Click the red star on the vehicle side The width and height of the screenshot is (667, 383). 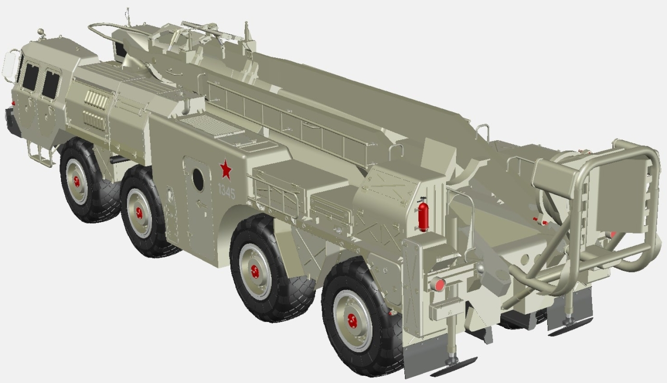point(226,170)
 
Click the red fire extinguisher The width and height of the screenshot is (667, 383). point(423,215)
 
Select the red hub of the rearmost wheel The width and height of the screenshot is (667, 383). point(352,320)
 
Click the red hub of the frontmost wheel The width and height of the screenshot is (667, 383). point(77,181)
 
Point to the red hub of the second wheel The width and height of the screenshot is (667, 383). point(139,213)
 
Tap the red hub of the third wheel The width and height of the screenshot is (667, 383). point(255,271)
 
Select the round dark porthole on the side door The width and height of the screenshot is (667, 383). point(198,179)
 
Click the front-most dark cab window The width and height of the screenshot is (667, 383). point(30,77)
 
